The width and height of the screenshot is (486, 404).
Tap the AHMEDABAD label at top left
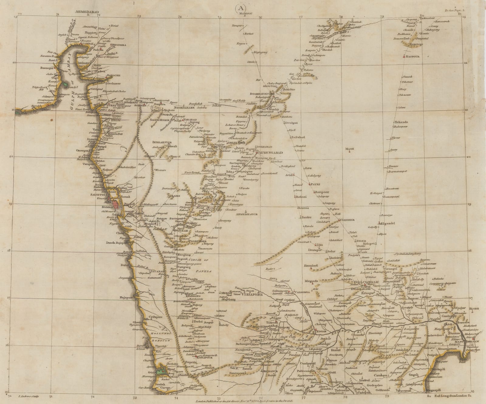(87, 11)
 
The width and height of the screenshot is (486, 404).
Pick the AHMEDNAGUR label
(247, 214)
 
